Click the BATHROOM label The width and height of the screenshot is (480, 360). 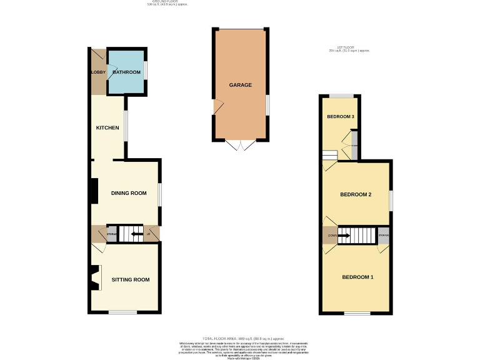[x=127, y=72]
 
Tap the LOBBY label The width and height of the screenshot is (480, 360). [x=99, y=72]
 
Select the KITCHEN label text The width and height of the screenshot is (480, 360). [x=107, y=128]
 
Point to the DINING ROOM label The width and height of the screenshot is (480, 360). [x=129, y=193]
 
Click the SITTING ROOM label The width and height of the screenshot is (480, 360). [x=131, y=279]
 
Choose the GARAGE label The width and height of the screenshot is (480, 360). [x=241, y=85]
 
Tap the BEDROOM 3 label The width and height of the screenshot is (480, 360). [x=341, y=117]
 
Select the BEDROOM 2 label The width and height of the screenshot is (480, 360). [x=356, y=194]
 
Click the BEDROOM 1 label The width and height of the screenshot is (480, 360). [x=357, y=277]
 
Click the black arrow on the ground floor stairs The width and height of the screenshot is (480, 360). [x=136, y=234]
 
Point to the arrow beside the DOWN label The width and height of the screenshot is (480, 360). [x=343, y=236]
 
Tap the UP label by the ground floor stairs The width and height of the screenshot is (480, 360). [x=149, y=235]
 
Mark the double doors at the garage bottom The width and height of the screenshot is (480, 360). [x=241, y=145]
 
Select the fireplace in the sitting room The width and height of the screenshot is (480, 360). [x=94, y=277]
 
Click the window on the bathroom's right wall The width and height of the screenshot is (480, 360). [x=146, y=71]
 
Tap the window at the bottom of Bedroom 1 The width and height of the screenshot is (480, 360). [x=357, y=312]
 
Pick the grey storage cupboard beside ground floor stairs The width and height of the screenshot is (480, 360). [x=112, y=234]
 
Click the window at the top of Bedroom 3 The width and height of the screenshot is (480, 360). [x=341, y=96]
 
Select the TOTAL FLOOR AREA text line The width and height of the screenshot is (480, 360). [x=240, y=337]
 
